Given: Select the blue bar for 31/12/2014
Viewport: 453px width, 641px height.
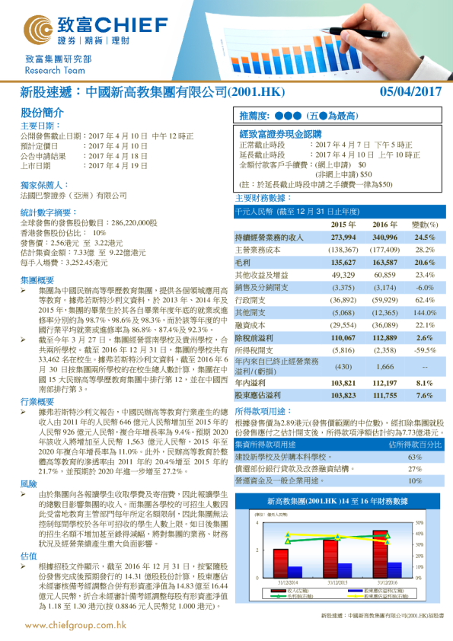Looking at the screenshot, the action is (295, 571).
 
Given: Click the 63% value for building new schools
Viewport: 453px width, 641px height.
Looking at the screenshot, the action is (415, 457).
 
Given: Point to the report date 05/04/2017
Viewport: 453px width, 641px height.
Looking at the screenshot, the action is (411, 92).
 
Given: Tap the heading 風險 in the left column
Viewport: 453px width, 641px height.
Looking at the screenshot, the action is (28, 462).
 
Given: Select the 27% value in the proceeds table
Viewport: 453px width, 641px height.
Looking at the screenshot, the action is (415, 469).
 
